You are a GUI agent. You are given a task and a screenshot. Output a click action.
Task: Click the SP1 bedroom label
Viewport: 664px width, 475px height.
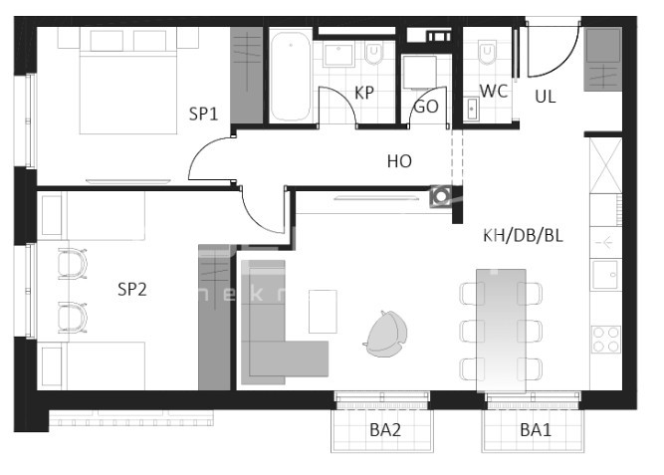point(203,114)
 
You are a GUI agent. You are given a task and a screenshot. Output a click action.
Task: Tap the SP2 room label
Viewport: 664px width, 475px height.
point(132,290)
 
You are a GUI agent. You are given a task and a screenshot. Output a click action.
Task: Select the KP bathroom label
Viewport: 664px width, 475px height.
point(364,93)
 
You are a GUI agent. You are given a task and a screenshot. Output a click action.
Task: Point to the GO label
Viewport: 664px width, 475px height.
point(425,107)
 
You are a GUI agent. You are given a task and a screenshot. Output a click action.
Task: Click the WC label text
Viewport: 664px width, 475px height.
point(494,92)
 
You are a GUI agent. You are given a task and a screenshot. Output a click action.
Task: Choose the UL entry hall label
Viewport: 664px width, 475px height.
point(546,97)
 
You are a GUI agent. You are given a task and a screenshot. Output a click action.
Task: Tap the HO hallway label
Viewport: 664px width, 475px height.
point(399,159)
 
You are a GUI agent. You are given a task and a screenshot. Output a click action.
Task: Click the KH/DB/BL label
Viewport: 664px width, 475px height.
point(523,236)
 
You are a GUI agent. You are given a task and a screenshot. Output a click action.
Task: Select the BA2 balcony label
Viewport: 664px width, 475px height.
point(384,430)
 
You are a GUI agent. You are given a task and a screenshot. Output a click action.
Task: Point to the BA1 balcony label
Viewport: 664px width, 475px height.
point(535,430)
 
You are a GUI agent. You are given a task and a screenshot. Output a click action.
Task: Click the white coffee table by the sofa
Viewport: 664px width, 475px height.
point(323,311)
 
